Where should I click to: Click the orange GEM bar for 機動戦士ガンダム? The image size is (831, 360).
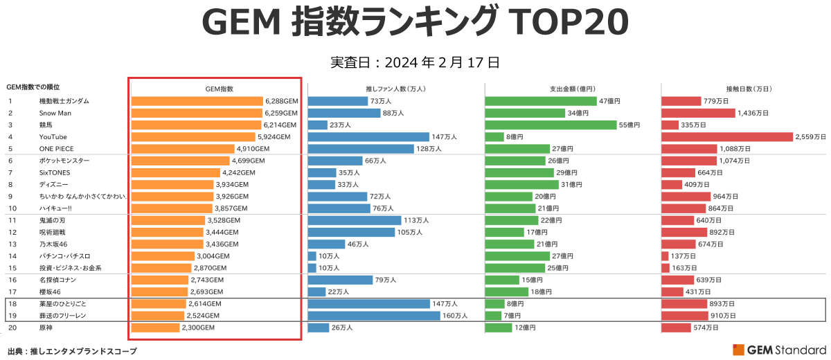[197, 101]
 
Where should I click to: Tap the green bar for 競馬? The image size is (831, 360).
[551, 125]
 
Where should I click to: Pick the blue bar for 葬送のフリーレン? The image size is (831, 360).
[374, 316]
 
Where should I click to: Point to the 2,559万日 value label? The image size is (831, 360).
[811, 137]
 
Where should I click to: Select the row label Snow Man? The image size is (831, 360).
[55, 113]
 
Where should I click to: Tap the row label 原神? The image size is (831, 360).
[47, 327]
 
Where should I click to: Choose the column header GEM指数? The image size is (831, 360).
[220, 89]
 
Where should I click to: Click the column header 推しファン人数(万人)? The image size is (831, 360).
[395, 89]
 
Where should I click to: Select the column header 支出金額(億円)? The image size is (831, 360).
[572, 89]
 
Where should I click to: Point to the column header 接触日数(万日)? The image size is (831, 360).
[749, 89]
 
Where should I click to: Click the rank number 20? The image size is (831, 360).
[11, 327]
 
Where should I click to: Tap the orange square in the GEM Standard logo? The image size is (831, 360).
[738, 350]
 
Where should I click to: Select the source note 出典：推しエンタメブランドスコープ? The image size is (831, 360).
[72, 351]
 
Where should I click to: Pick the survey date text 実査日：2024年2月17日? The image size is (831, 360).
[415, 62]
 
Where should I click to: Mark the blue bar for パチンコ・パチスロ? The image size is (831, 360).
[312, 256]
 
